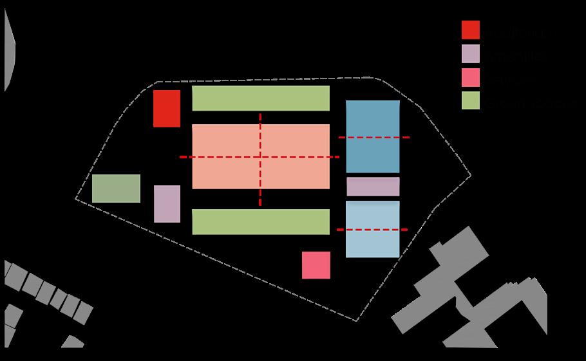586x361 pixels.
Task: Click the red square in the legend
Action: coord(471,30)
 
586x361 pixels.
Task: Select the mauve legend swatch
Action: coord(471,53)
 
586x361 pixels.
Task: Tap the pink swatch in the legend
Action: coord(471,77)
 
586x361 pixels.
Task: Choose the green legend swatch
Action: coord(471,100)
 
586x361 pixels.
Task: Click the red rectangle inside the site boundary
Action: coord(167,109)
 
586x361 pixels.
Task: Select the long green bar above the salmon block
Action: coord(261,98)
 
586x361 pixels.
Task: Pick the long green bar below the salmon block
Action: coord(261,222)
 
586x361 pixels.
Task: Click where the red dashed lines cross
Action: coord(260,156)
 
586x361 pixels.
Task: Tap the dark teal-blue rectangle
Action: coord(373,154)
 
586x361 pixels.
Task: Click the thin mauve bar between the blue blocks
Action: coord(373,187)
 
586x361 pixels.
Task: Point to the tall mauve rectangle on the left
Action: coord(167,204)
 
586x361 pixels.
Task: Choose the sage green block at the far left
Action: coord(116,189)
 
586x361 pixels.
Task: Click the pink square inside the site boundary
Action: coord(316,265)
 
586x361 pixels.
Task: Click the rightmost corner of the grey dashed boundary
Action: coord(470,174)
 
